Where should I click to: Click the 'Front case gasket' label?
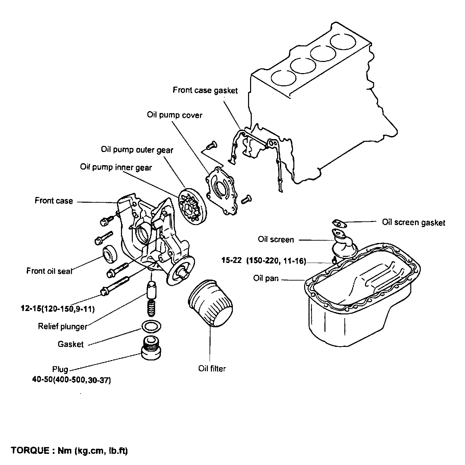click(x=205, y=90)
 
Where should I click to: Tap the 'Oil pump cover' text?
click(x=174, y=115)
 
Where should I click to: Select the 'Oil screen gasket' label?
click(x=413, y=222)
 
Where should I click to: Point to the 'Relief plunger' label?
click(x=63, y=327)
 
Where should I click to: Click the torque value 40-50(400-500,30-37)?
click(x=72, y=380)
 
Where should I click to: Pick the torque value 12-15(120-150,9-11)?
click(x=57, y=309)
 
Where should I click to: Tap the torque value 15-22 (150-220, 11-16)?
click(x=264, y=261)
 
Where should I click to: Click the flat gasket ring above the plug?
click(x=150, y=326)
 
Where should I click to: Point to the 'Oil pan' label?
click(x=266, y=279)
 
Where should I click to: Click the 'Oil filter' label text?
click(x=212, y=369)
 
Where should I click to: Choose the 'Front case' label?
click(x=54, y=201)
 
